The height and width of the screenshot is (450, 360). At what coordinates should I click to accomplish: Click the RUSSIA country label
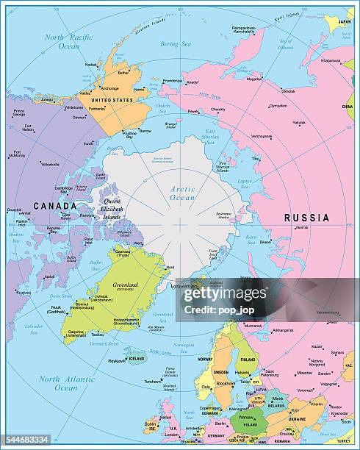pyautogui.click(x=306, y=218)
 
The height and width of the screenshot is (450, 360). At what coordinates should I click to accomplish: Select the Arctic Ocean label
pyautogui.click(x=182, y=193)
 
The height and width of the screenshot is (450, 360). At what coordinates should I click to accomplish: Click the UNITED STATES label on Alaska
pyautogui.click(x=113, y=99)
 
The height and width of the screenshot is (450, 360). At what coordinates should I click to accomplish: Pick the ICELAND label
pyautogui.click(x=137, y=359)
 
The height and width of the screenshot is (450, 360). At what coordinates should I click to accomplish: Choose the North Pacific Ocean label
pyautogui.click(x=68, y=41)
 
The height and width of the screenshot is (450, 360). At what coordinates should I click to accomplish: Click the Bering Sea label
pyautogui.click(x=174, y=44)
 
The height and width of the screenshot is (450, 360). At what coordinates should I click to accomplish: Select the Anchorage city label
pyautogui.click(x=110, y=88)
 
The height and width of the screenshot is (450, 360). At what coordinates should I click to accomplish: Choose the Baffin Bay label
pyautogui.click(x=95, y=262)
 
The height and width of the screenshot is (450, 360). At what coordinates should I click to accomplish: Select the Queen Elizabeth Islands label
pyautogui.click(x=112, y=209)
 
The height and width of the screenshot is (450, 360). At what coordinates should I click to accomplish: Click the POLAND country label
pyautogui.click(x=251, y=425)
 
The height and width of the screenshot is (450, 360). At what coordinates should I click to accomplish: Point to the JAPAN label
pyautogui.click(x=342, y=21)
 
